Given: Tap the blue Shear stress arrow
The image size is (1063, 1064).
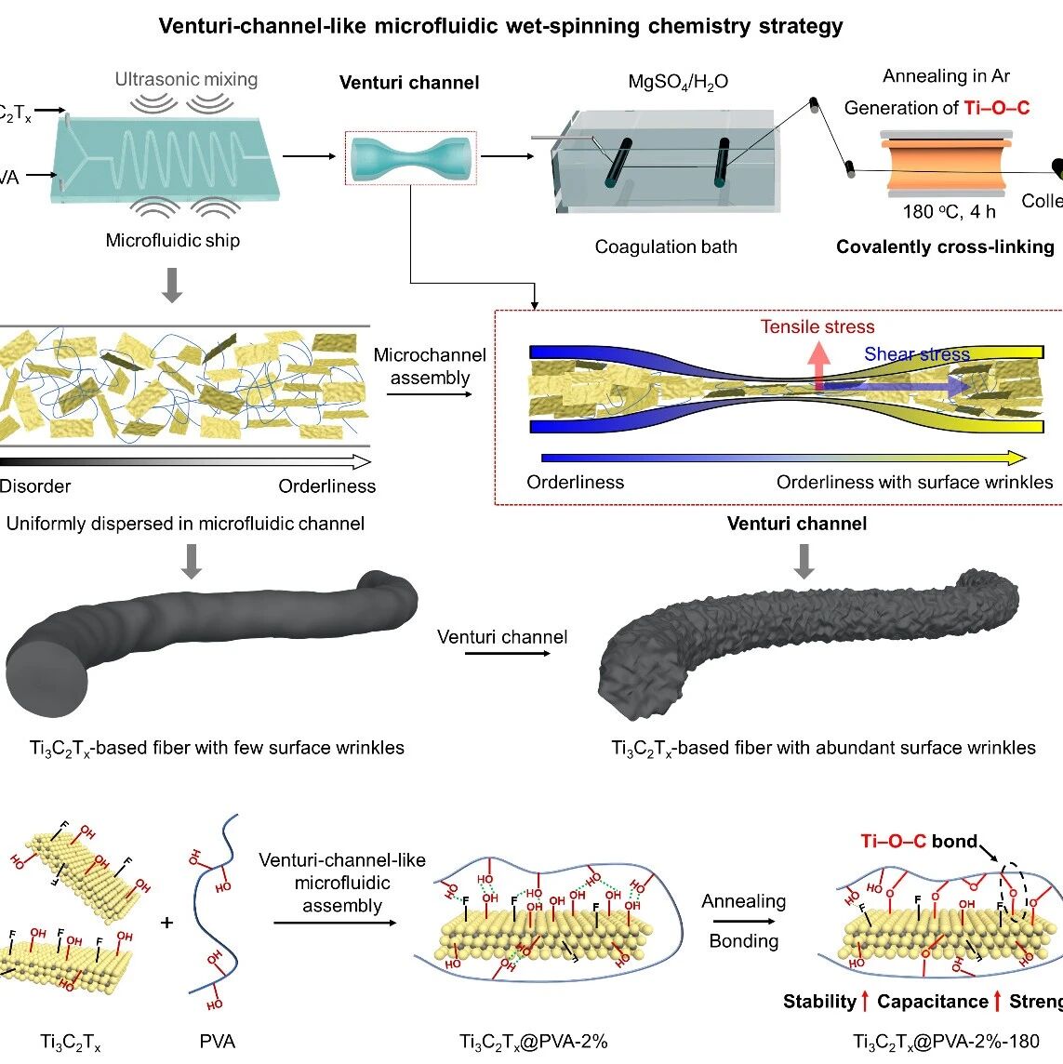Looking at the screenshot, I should [893, 385].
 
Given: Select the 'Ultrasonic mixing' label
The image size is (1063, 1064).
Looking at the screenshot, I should [186, 79].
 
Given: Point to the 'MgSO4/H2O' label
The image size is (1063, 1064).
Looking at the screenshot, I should [678, 82].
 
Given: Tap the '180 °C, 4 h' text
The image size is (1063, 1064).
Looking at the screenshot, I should [949, 212].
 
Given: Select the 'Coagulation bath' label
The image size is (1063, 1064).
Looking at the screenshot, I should [666, 246].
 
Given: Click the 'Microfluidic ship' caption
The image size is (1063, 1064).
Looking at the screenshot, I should [172, 240].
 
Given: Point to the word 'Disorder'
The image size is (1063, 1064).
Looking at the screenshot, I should [35, 485].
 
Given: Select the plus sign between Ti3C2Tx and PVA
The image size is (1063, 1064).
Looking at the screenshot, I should [166, 922].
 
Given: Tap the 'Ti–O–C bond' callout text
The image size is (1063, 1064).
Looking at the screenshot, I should [918, 842].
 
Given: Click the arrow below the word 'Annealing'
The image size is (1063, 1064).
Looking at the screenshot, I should [742, 922].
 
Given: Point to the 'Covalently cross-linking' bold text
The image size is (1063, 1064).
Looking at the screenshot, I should [945, 246].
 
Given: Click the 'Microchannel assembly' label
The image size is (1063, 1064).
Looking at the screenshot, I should [430, 366].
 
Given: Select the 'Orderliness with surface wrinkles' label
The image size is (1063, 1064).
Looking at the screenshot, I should [914, 482].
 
